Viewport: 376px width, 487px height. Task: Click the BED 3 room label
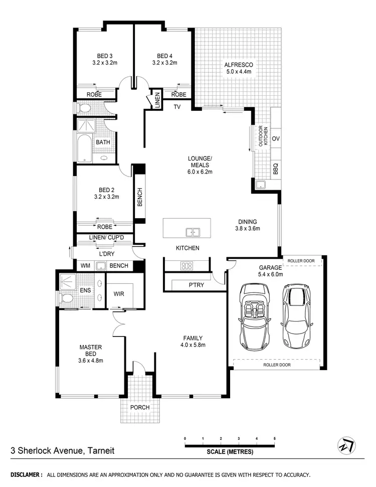click(104, 56)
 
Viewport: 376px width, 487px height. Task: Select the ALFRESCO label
click(238, 65)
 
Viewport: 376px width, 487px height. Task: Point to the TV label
click(176, 107)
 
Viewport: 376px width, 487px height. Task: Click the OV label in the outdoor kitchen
click(275, 138)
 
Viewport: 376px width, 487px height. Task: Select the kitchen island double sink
click(193, 232)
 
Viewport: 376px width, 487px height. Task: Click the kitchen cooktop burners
click(186, 266)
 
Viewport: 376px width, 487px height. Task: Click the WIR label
click(119, 293)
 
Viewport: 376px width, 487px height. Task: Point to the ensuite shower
click(67, 281)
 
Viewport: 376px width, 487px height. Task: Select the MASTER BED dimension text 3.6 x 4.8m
click(90, 360)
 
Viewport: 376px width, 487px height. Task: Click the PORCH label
click(140, 407)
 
